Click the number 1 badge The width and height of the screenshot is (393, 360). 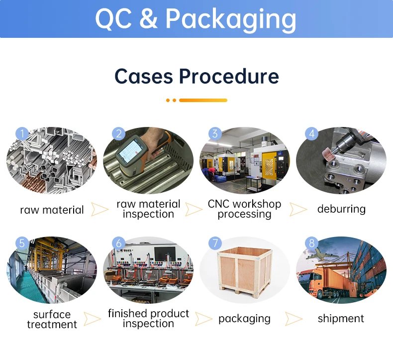coord(21,133)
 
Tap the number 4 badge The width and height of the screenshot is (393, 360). coord(312,133)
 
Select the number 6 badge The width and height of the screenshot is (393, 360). coord(118,243)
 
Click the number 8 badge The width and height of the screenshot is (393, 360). coord(312,243)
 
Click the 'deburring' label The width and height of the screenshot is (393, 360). coord(341,209)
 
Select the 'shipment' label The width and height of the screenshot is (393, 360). coord(341,318)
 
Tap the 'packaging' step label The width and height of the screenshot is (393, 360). coord(244,318)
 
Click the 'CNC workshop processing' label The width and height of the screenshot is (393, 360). coord(244,209)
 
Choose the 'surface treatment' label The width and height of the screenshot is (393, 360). coord(52,319)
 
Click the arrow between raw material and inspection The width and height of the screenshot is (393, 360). coord(99,209)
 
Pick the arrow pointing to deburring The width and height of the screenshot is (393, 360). coord(298,209)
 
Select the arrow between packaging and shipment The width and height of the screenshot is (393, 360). coord(294,318)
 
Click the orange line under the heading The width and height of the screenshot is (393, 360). coord(202,100)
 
